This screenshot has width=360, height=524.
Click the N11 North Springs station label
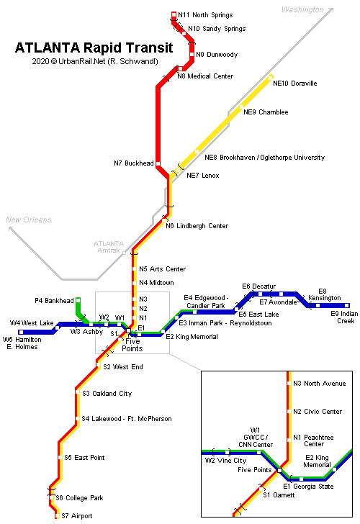(x=205, y=15)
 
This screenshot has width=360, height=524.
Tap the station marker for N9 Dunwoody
(x=192, y=54)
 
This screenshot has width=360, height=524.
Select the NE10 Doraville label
(x=294, y=83)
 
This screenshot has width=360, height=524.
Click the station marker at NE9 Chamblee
(x=241, y=107)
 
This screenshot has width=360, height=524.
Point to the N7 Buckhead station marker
(x=158, y=164)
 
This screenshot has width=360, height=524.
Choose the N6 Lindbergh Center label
(x=197, y=226)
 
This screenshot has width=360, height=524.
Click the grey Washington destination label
(x=302, y=9)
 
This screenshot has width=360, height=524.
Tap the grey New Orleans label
(x=28, y=220)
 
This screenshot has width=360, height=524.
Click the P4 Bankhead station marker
(x=78, y=300)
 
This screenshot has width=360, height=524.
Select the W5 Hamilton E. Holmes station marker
(x=21, y=333)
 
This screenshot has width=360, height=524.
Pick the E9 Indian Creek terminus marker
(x=347, y=305)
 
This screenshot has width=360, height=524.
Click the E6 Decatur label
(x=258, y=286)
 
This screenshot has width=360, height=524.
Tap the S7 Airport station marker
(x=57, y=516)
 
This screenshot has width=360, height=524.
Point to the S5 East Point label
(x=84, y=458)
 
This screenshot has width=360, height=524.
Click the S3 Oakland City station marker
(x=78, y=392)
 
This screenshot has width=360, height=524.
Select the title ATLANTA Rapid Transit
(x=94, y=48)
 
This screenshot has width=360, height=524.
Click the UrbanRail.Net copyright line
(x=95, y=61)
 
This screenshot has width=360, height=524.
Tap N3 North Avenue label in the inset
(x=319, y=384)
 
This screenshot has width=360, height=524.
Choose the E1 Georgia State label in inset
(x=308, y=487)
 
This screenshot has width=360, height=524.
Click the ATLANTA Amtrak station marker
(x=124, y=253)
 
